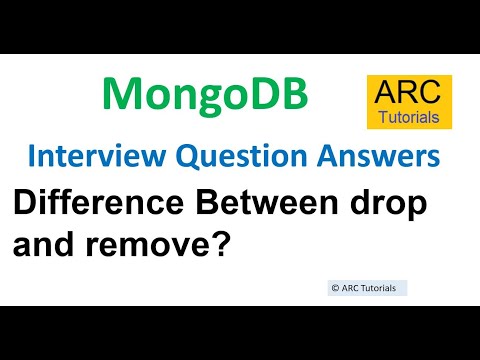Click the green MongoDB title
coord(205,95)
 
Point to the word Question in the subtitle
coord(211,157)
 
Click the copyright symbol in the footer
coord(334,288)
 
